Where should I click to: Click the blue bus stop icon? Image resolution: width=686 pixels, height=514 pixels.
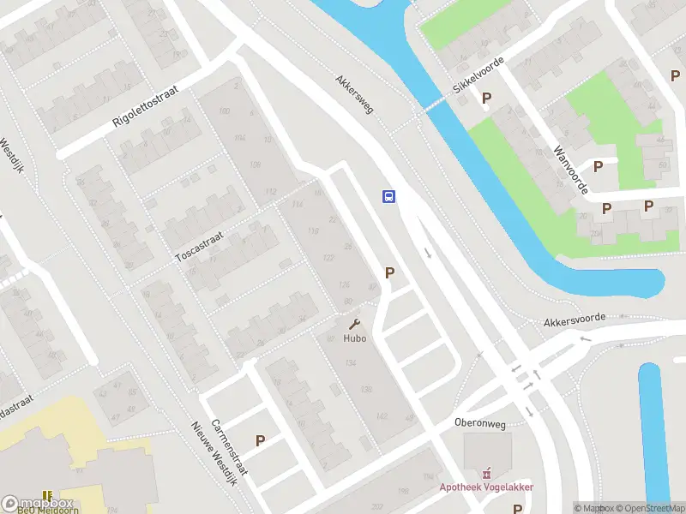point(388,196)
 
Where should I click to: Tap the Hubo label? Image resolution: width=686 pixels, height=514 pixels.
point(355,338)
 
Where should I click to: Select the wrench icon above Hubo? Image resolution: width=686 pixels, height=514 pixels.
point(354,324)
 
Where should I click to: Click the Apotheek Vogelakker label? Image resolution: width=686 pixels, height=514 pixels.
point(487,487)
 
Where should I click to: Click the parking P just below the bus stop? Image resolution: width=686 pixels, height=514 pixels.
point(390,273)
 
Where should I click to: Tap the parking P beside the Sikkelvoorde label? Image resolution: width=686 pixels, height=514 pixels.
point(487,99)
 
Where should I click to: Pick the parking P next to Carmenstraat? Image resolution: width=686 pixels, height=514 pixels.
point(260,440)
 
